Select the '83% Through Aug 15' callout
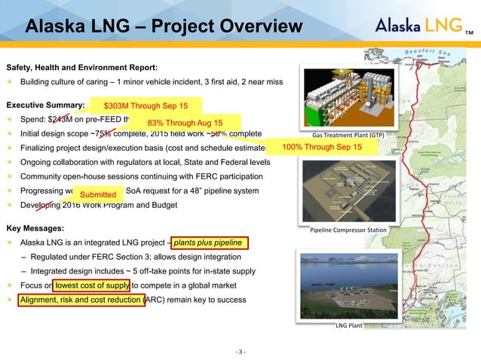tap(185, 123)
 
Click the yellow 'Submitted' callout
tap(98, 196)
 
